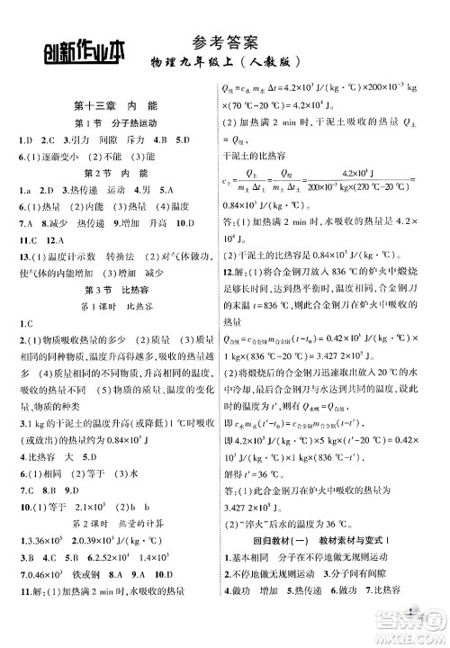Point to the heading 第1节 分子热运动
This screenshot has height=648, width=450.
(x=110, y=124)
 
